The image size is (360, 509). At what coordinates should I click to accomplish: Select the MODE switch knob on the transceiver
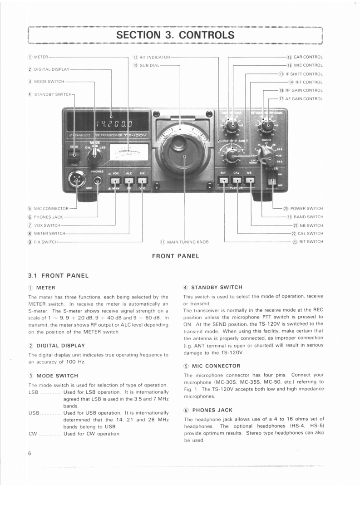point(94,156)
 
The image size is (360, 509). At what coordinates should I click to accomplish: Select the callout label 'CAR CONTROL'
point(308,57)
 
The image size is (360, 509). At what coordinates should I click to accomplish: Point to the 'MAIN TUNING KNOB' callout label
point(187,242)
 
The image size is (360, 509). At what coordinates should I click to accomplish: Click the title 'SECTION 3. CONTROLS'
point(175,35)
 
